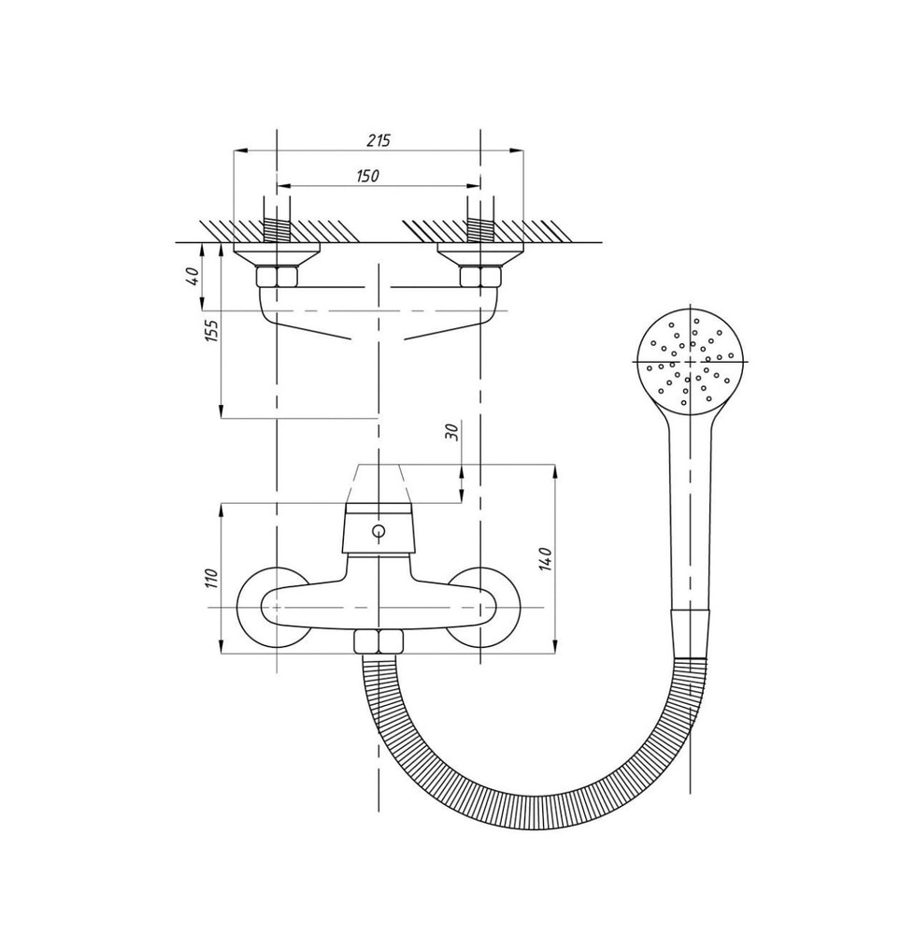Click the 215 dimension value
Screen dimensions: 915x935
click(378, 141)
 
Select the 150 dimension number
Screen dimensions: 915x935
click(368, 176)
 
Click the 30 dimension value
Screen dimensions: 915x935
click(452, 432)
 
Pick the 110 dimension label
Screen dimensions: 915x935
click(213, 579)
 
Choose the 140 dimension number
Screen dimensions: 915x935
click(547, 559)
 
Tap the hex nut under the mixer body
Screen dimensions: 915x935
click(379, 641)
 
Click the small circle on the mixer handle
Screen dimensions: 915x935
click(379, 530)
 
